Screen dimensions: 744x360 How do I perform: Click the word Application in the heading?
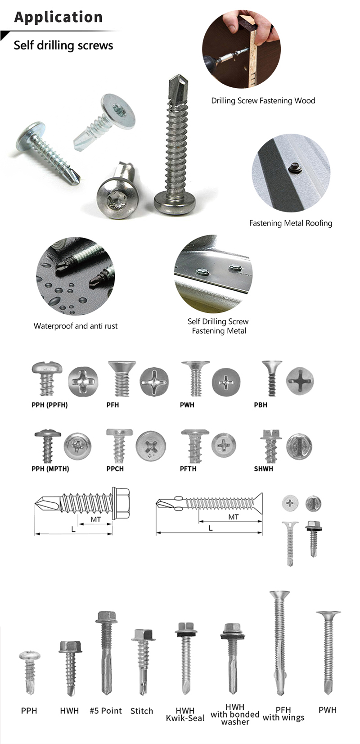pos(58,17)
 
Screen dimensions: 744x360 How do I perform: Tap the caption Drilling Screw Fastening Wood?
pos(263,101)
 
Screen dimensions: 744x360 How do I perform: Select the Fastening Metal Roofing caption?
pos(291,223)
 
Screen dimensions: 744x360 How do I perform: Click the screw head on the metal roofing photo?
pos(294,167)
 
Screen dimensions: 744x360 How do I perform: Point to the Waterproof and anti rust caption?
pos(76,326)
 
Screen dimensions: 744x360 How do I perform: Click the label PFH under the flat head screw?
pos(112,405)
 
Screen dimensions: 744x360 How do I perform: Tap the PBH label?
pos(260,405)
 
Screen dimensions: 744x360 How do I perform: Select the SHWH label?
pos(263,469)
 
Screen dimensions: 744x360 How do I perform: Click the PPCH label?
pos(115,469)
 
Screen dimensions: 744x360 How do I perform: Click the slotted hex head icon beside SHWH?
pos(299,446)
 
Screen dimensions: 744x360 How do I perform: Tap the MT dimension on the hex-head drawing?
pos(95,519)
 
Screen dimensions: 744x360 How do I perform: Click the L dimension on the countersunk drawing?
pos(210,528)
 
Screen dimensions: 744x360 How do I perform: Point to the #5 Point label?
pos(106,711)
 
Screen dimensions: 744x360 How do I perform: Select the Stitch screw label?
pos(142,711)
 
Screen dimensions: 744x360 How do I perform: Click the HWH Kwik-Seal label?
pos(185,714)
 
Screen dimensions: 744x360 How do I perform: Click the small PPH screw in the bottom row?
pos(30,671)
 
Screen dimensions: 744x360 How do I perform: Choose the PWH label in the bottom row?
pos(327,710)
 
